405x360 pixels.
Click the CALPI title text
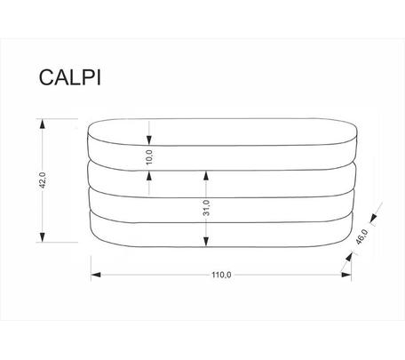[x=70, y=77]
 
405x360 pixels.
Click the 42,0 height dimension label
[x=43, y=180]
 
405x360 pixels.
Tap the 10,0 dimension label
[x=149, y=157]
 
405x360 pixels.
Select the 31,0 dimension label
[x=206, y=208]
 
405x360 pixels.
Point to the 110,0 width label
[x=221, y=275]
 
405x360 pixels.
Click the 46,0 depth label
[x=361, y=236]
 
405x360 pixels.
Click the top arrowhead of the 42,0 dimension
[x=43, y=124]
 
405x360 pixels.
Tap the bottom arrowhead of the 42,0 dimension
[x=43, y=237]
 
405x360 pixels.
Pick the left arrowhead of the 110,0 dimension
[x=96, y=275]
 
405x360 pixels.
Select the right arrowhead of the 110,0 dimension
[x=346, y=275]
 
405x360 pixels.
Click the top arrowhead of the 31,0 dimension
[x=206, y=176]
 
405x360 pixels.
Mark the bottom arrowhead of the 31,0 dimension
[x=206, y=242]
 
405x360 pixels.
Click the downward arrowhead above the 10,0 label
[x=149, y=140]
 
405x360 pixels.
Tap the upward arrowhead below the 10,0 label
[x=149, y=176]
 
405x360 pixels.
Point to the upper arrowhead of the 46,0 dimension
[x=373, y=218]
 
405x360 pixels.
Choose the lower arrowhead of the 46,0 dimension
[x=350, y=257]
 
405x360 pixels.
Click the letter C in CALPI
[x=46, y=77]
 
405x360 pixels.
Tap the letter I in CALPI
[x=99, y=77]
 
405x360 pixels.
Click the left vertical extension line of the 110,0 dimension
[x=91, y=268]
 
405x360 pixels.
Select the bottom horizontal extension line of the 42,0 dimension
[x=57, y=242]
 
